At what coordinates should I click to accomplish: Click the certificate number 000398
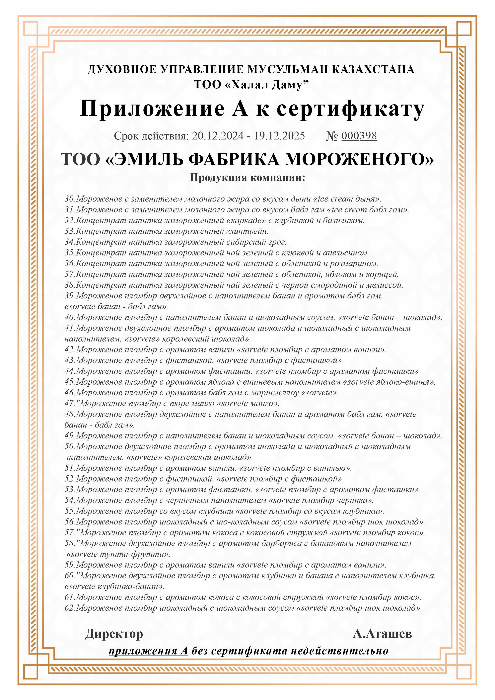pos(359,136)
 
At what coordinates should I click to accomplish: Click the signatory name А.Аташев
pos(382,634)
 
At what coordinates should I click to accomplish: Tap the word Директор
pos(114,634)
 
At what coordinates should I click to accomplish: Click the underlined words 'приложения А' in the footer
pos(148,651)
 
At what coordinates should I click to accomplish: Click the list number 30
pos(70,199)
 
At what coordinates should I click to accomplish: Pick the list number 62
pos(70,608)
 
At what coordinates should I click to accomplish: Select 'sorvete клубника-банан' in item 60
pos(115,586)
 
